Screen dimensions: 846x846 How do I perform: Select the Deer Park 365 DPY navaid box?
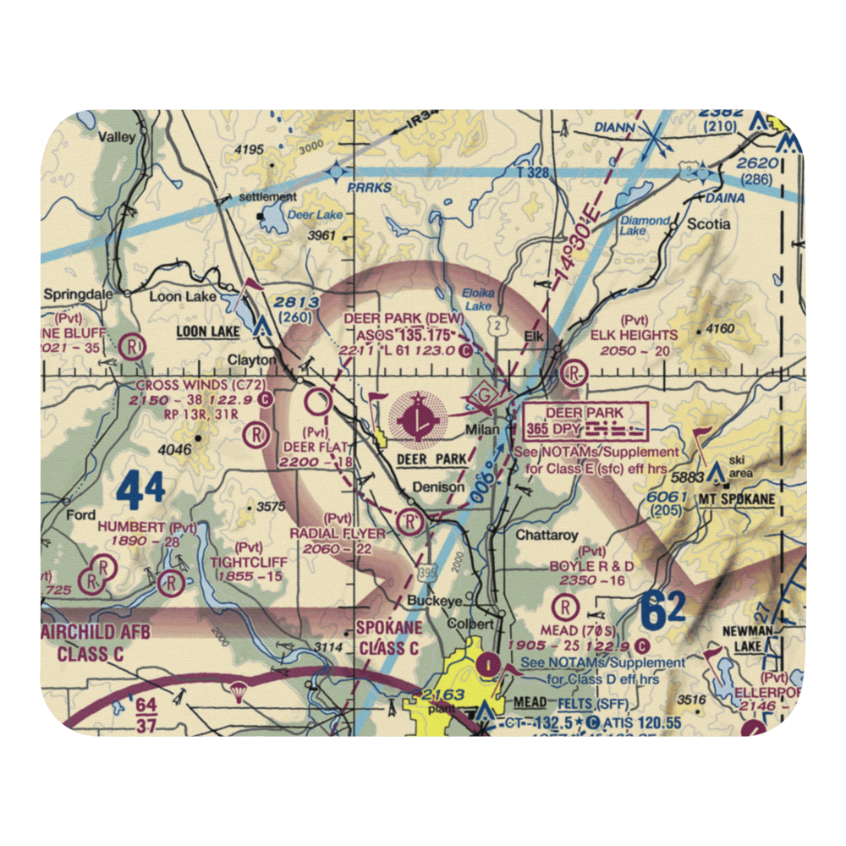tap(585, 421)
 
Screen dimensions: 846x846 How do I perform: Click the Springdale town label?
tap(79, 297)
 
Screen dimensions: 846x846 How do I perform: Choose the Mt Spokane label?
tap(736, 500)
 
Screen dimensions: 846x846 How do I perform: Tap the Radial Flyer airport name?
tap(337, 534)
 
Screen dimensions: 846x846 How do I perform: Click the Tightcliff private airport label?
tap(249, 562)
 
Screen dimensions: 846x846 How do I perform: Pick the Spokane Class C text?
tap(388, 640)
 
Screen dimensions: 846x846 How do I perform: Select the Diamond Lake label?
tap(645, 226)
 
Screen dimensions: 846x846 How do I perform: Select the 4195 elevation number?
tap(250, 150)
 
